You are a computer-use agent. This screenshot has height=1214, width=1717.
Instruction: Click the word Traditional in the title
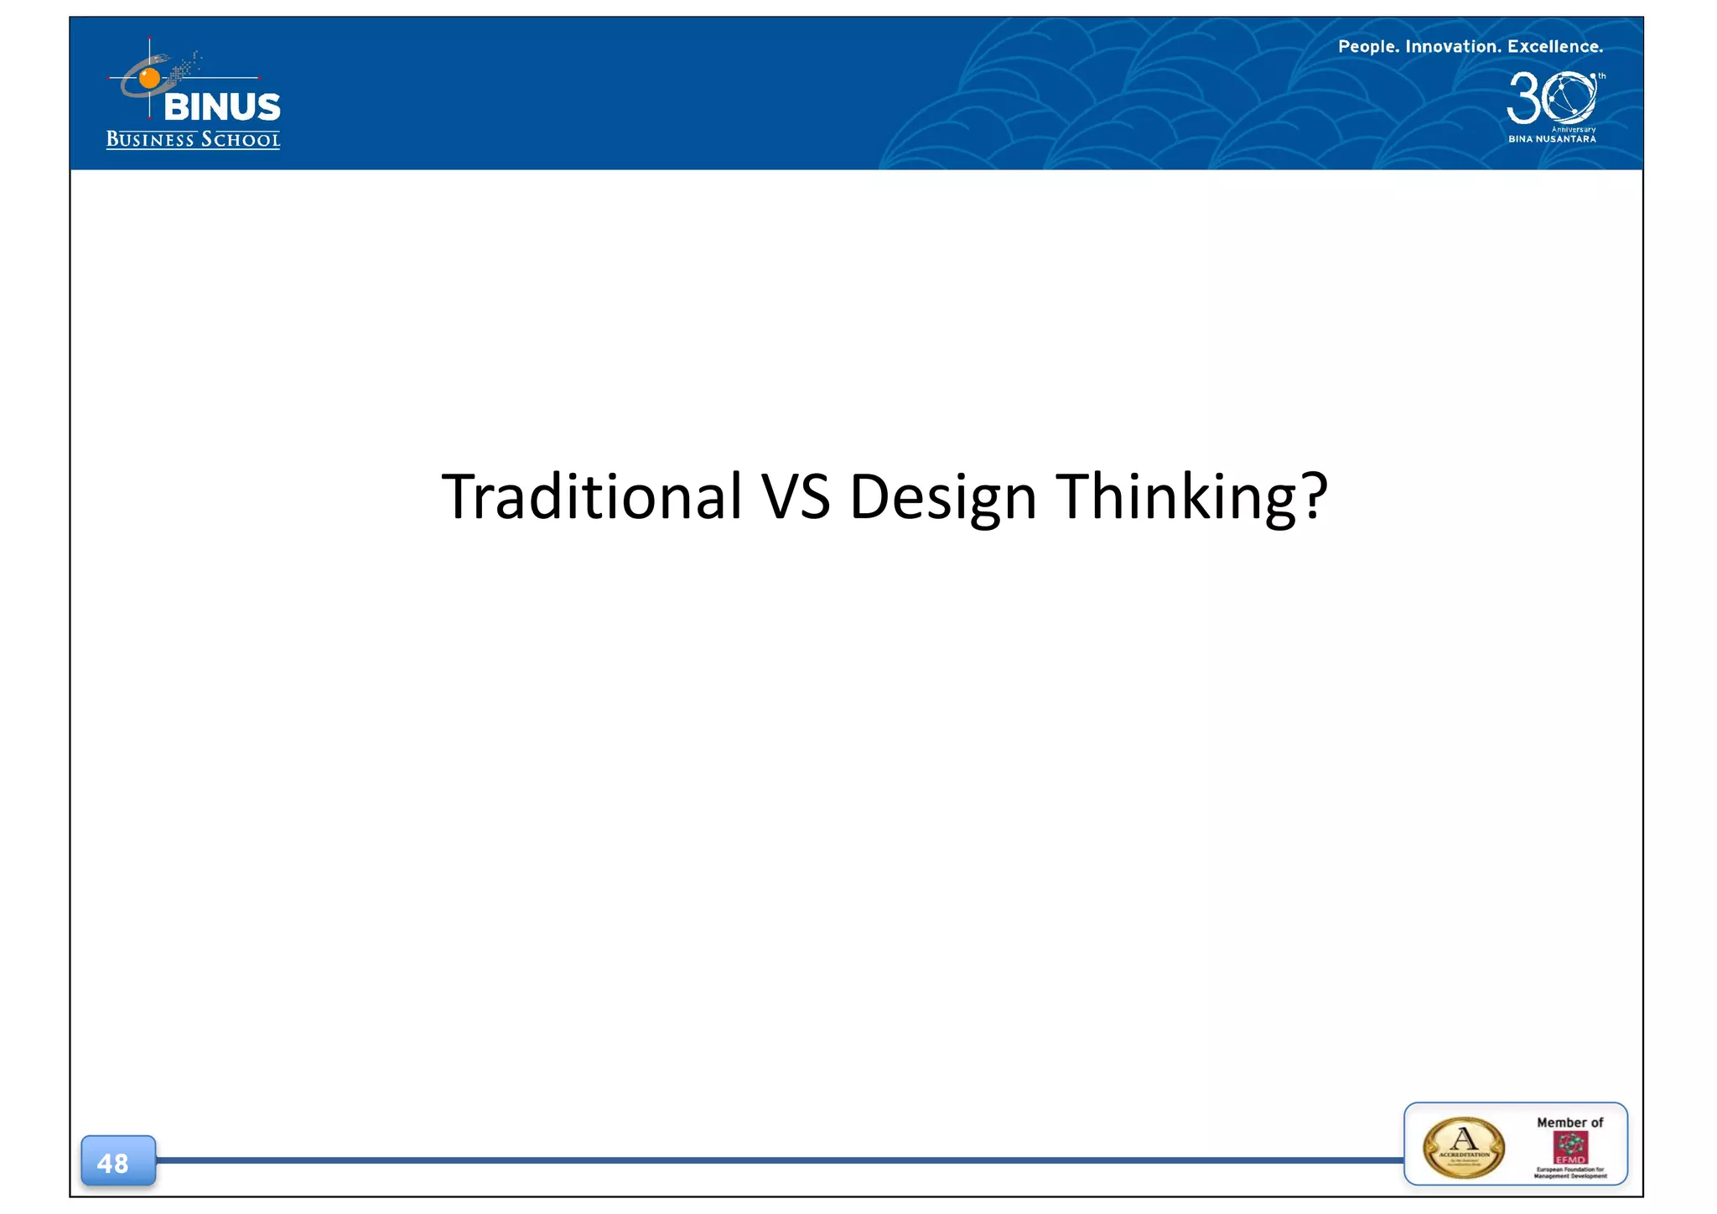[x=591, y=495]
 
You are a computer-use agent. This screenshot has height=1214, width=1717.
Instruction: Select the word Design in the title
[x=943, y=497]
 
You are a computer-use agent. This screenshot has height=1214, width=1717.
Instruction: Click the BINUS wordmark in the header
[x=222, y=107]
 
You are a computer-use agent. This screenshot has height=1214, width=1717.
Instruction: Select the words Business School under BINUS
[x=193, y=139]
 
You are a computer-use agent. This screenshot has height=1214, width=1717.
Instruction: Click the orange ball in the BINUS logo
[x=149, y=79]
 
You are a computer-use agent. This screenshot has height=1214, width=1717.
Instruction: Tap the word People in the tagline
[x=1368, y=47]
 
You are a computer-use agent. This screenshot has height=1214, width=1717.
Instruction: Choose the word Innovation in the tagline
[x=1453, y=47]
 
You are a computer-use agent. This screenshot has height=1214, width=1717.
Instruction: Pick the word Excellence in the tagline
[x=1554, y=47]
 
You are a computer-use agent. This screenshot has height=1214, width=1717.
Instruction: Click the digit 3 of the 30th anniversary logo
[x=1523, y=98]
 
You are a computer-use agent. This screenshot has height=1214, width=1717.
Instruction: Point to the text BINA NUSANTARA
[x=1552, y=139]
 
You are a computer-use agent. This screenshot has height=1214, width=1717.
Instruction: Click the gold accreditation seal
[x=1464, y=1147]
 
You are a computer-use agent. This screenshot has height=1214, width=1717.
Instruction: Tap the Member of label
[x=1569, y=1123]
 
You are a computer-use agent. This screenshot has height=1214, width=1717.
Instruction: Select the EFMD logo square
[x=1570, y=1148]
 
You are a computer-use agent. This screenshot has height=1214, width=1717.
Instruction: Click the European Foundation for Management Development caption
[x=1570, y=1173]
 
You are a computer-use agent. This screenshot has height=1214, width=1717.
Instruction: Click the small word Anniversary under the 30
[x=1574, y=129]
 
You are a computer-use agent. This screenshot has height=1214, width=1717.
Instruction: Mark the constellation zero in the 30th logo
[x=1569, y=97]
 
